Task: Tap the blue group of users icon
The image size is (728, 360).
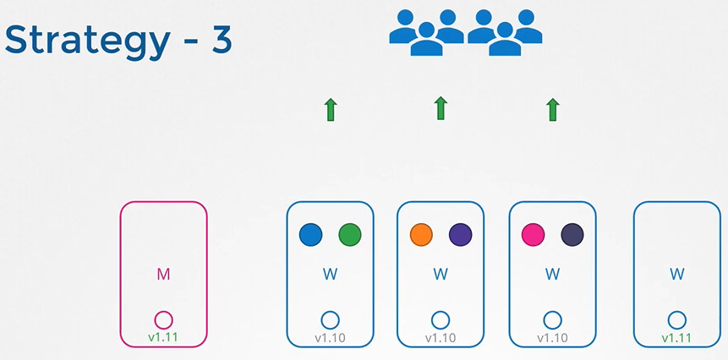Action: coord(465,32)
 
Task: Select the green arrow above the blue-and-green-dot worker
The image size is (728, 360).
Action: coord(330,110)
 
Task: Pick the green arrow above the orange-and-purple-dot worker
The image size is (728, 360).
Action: coord(440,109)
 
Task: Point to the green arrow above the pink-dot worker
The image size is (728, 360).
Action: coord(552,110)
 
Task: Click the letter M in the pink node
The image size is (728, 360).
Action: coord(164,274)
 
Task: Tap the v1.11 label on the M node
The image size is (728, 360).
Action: coord(164,338)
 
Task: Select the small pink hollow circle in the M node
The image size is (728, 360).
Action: coord(164,320)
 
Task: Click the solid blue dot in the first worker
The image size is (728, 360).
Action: coord(310,235)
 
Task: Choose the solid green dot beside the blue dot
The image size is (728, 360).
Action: coord(350,235)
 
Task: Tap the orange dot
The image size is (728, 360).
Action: coord(421,235)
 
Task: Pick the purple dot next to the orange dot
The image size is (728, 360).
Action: coord(461,235)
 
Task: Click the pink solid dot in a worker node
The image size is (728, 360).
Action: coord(534,235)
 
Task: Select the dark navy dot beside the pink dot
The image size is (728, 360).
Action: coord(572,235)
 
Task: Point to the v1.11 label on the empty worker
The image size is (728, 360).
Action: coord(676,338)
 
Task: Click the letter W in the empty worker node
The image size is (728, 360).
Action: coord(676,274)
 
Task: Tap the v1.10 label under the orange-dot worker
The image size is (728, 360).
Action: coord(440,338)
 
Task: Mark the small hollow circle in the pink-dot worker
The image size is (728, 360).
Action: coord(552,320)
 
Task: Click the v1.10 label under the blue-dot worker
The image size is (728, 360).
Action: coord(330,338)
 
